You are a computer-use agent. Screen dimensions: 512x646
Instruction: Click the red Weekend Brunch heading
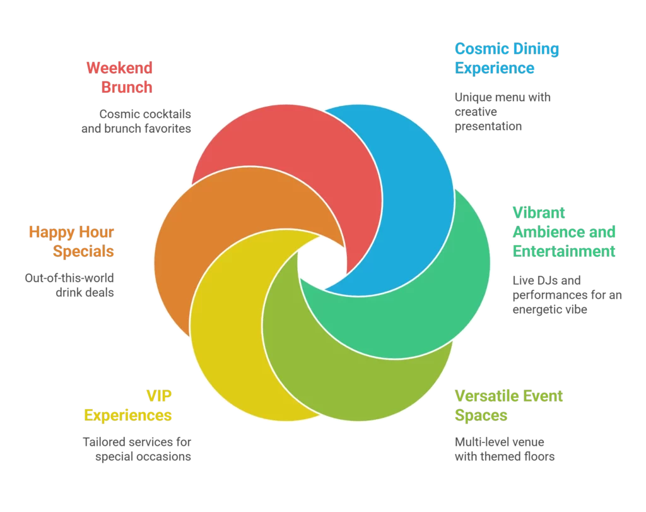coord(120,77)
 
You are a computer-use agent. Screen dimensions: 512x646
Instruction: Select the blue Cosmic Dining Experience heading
coord(507,58)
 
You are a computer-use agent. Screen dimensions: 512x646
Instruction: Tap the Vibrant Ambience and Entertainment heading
coord(563,231)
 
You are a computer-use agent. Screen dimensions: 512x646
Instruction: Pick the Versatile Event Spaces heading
coord(508,406)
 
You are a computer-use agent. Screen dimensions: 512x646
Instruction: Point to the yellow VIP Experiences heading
coord(128,406)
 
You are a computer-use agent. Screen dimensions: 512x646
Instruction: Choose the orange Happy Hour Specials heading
coord(71,242)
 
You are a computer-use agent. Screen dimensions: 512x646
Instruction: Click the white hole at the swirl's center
coord(322,262)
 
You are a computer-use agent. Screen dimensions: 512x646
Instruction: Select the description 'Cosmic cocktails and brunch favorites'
coord(136,121)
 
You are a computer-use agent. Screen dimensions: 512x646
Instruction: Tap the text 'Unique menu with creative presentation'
coord(502,112)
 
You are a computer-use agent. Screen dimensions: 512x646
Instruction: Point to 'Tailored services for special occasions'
coord(137,449)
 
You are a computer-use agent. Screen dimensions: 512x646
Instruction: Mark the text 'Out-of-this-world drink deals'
coord(69,285)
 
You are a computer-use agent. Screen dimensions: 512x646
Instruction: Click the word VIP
coord(159,396)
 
